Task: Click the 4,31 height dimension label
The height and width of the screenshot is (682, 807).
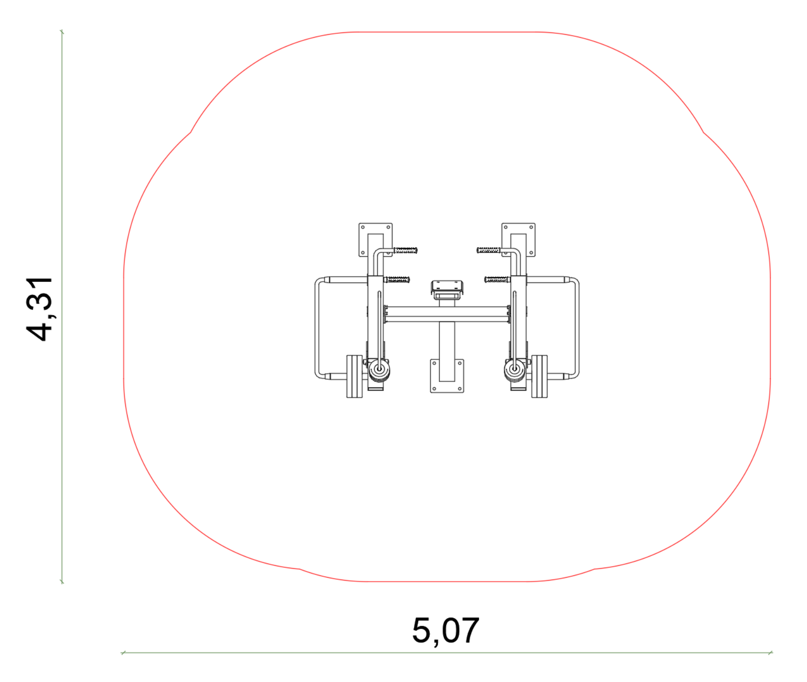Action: [40, 309]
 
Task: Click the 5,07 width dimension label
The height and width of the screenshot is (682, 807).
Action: [445, 631]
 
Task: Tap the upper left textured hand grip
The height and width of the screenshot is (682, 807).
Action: [405, 250]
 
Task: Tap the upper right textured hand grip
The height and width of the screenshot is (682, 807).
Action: [489, 250]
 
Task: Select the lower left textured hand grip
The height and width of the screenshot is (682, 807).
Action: [397, 280]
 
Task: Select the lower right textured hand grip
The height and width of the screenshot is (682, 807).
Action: [497, 280]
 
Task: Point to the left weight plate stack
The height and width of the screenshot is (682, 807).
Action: [354, 376]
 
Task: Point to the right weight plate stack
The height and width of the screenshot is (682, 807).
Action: [539, 376]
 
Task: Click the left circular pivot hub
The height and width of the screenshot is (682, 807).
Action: [379, 369]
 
